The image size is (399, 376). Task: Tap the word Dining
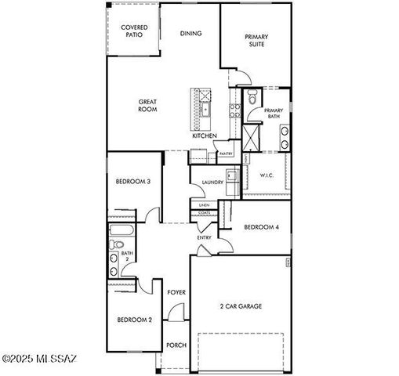190,34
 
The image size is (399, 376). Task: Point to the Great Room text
148,106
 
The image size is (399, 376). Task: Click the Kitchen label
205,136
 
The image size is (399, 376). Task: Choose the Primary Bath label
273,114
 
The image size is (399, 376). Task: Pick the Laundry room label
212,183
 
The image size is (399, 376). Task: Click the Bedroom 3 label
133,182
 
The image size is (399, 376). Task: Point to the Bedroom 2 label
134,319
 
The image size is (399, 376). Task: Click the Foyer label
176,292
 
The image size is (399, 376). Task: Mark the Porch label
176,345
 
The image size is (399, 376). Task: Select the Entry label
204,237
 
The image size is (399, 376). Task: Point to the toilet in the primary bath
251,99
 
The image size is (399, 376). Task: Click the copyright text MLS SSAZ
39,359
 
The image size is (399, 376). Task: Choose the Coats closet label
204,212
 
